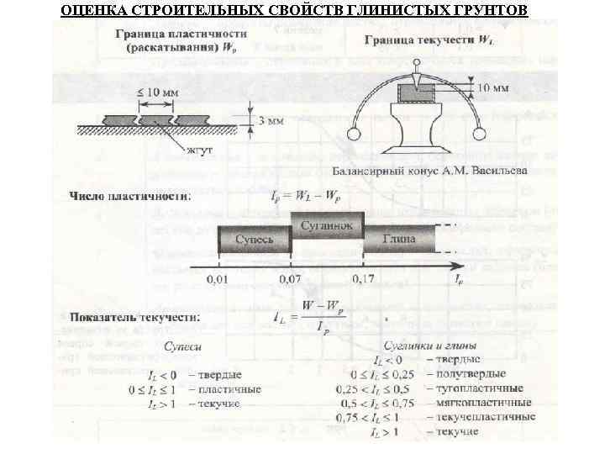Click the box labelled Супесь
coord(254,240)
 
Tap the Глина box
coord(399,240)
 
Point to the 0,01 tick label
coord(218,277)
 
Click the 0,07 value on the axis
coord(290,277)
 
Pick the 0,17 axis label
coord(364,277)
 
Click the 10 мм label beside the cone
coord(492,87)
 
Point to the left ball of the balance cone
coord(354,132)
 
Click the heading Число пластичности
coord(129,197)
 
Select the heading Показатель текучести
coord(134,317)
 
